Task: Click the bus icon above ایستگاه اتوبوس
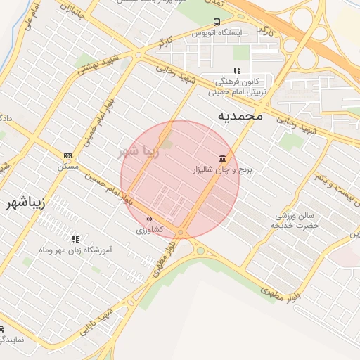[x=217, y=22]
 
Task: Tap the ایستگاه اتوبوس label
[x=217, y=33]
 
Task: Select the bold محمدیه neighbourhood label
[x=239, y=115]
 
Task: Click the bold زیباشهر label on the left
[x=25, y=203]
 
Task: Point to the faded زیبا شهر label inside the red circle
[x=138, y=150]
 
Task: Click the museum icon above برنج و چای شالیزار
[x=223, y=157]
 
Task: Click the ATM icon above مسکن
[x=67, y=156]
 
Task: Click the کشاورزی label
[x=150, y=230]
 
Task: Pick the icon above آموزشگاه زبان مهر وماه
[x=76, y=239]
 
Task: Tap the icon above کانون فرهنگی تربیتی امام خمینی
[x=237, y=70]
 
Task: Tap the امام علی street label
[x=30, y=24]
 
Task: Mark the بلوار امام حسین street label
[x=106, y=188]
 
